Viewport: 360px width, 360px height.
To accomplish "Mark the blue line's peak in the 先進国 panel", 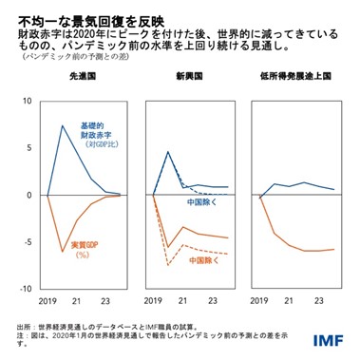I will pos(63,125).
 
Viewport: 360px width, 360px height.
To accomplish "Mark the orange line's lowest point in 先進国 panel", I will pos(63,252).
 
